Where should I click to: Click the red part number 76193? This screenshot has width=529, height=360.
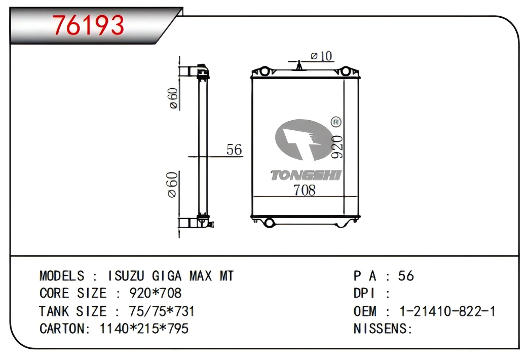pos(88,25)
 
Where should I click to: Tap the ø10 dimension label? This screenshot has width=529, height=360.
pos(321,56)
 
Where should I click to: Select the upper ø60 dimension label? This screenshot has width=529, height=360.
pos(173,98)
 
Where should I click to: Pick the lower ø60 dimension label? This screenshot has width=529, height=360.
pos(172,185)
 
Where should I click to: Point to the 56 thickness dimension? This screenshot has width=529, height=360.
pos(234,150)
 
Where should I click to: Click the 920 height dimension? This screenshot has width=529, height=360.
pos(337,147)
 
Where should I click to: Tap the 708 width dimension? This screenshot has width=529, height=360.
pos(305,190)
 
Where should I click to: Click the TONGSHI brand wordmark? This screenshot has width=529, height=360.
pos(306,175)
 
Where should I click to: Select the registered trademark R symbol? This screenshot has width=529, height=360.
pos(336,122)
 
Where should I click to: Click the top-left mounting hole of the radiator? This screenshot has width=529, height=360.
pos(264,71)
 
